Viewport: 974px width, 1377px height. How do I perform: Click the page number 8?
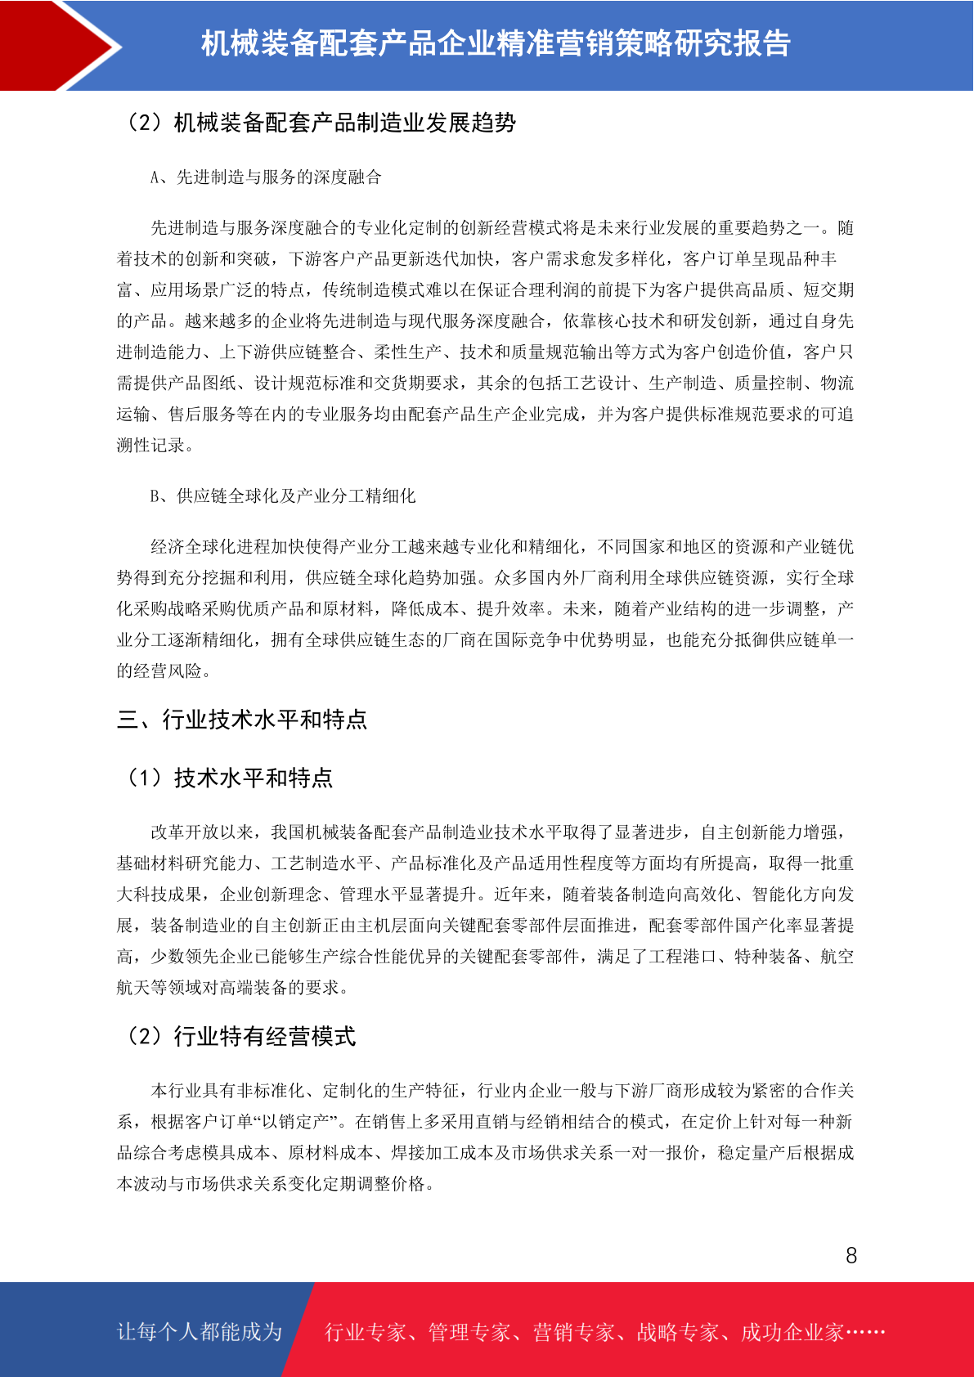click(851, 1255)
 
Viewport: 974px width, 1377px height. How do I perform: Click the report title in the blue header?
click(496, 43)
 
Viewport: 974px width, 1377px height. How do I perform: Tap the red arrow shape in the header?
click(49, 45)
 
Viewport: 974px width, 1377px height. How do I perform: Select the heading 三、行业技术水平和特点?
click(242, 720)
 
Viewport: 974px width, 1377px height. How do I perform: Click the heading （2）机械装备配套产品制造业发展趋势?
click(319, 123)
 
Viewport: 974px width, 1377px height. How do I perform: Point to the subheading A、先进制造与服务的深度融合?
click(266, 177)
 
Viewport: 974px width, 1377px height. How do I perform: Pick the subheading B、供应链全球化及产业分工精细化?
click(283, 496)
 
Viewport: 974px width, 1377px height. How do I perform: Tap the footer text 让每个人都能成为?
click(200, 1332)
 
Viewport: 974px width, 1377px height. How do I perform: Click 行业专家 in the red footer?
click(366, 1333)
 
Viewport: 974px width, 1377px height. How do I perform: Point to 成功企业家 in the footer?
click(792, 1333)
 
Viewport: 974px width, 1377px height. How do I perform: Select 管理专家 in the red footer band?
click(469, 1333)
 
